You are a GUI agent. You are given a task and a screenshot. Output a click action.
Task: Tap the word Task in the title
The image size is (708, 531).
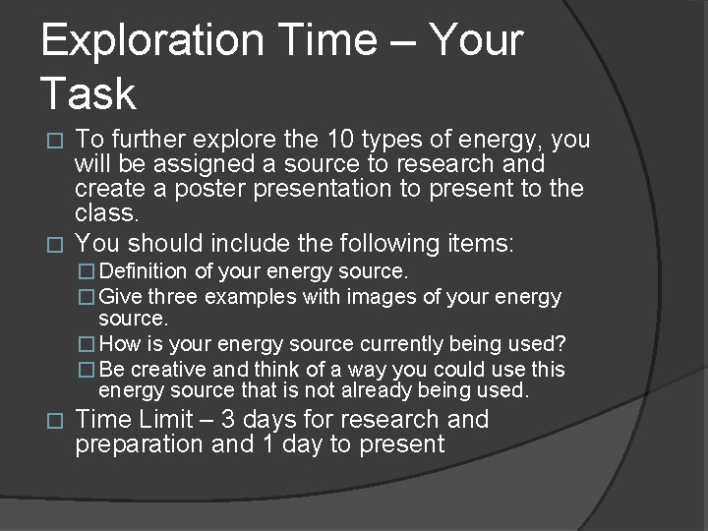tap(88, 94)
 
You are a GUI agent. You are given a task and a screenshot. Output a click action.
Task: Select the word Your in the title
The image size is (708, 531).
tap(477, 41)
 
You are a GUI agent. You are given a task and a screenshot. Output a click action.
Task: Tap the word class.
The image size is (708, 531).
tap(107, 211)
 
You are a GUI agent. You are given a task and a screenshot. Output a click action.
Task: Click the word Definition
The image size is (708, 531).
tap(146, 270)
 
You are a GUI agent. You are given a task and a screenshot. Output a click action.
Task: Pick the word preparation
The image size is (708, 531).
tap(141, 444)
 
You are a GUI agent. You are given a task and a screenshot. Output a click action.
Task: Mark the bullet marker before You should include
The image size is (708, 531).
tap(55, 244)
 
